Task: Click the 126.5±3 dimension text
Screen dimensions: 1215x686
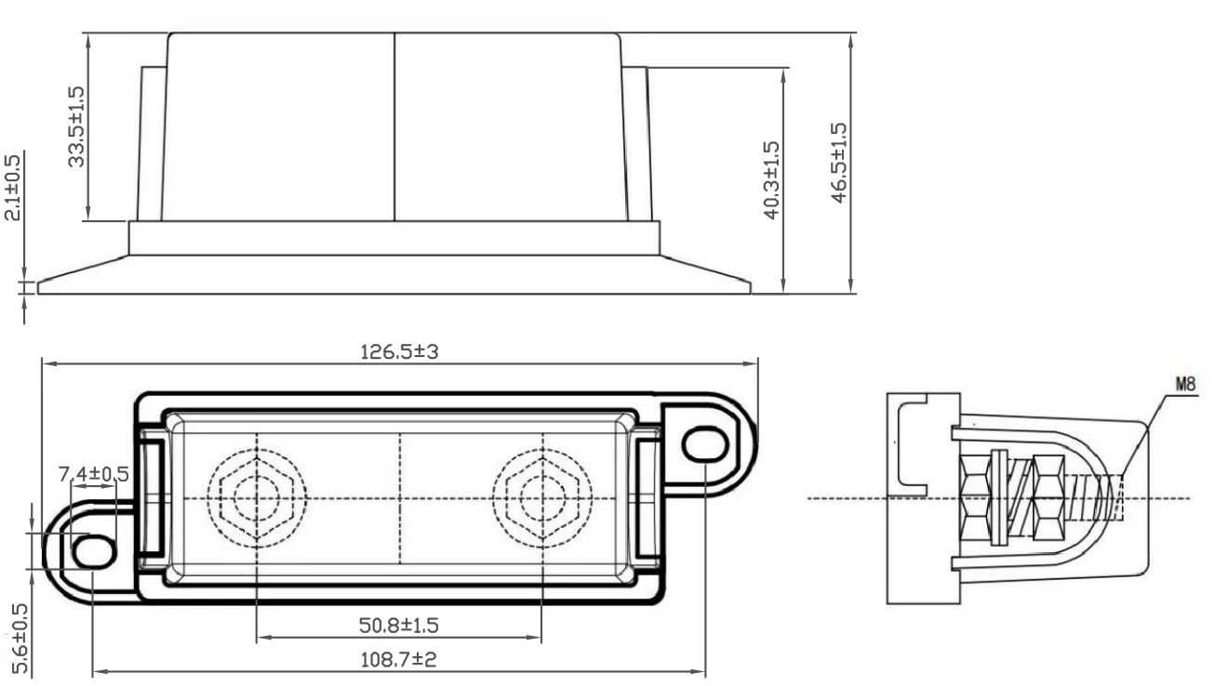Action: (x=399, y=352)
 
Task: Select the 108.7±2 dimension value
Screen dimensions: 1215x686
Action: (x=399, y=660)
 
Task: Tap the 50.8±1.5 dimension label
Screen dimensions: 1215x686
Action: (x=399, y=626)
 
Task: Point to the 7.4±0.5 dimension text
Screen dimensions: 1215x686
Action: (x=93, y=474)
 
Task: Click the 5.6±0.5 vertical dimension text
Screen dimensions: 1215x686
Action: (x=20, y=639)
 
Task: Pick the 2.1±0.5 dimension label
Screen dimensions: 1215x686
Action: (x=12, y=188)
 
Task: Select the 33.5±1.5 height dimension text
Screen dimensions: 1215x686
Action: (x=76, y=126)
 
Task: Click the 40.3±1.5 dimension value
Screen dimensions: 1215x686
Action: (x=771, y=180)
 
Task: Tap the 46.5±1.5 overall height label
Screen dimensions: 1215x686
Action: (x=838, y=163)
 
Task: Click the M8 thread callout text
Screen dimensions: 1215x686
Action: (x=1185, y=384)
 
